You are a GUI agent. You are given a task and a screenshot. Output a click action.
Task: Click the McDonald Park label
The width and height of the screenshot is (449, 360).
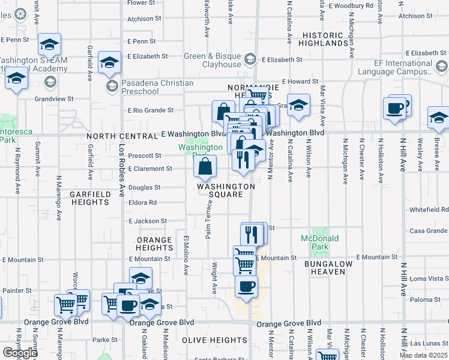tap(320, 242)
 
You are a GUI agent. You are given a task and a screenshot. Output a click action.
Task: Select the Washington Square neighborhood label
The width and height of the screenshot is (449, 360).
tap(226, 190)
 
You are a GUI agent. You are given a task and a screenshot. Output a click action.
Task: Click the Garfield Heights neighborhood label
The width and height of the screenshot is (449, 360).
tap(89, 199)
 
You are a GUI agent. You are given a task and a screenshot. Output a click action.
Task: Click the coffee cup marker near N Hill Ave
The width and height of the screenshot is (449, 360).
tap(396, 109)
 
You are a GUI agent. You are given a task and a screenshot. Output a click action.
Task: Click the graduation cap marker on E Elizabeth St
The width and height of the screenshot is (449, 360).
tap(110, 62)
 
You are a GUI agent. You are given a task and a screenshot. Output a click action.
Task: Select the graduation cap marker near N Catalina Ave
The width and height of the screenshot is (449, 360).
tap(298, 106)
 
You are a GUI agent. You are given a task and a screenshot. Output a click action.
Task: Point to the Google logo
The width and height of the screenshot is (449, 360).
tap(19, 353)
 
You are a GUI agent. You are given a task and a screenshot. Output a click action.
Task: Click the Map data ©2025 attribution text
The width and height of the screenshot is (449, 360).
tap(423, 355)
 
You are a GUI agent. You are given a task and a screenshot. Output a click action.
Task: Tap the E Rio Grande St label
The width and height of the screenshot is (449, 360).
tap(151, 110)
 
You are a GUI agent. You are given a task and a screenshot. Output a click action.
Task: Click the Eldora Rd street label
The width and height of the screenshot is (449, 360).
tap(142, 203)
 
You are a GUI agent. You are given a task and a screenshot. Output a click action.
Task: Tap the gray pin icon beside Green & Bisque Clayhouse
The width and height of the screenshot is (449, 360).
tap(250, 60)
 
